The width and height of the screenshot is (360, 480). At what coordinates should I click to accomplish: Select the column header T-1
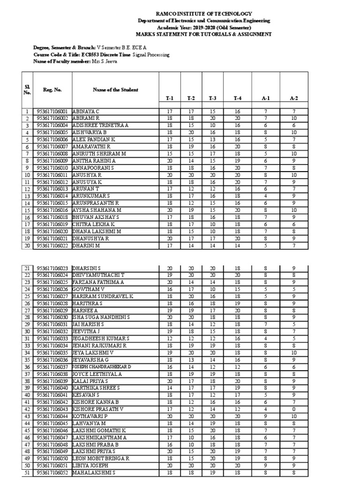pyautogui.click(x=170, y=98)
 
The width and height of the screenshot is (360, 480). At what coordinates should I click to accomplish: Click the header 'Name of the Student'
pyautogui.click(x=115, y=90)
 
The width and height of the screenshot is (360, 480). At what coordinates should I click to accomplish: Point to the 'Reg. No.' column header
pyautogui.click(x=52, y=90)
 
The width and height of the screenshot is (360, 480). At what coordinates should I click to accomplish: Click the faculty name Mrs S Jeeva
pyautogui.click(x=107, y=61)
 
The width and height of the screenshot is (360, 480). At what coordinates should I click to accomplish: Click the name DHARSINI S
pyautogui.click(x=87, y=268)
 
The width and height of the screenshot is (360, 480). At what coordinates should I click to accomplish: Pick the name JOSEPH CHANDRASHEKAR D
pyautogui.click(x=102, y=367)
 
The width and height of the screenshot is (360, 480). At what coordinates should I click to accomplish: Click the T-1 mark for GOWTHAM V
pyautogui.click(x=170, y=289)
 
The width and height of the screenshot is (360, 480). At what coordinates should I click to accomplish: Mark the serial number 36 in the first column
pyautogui.click(x=27, y=367)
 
